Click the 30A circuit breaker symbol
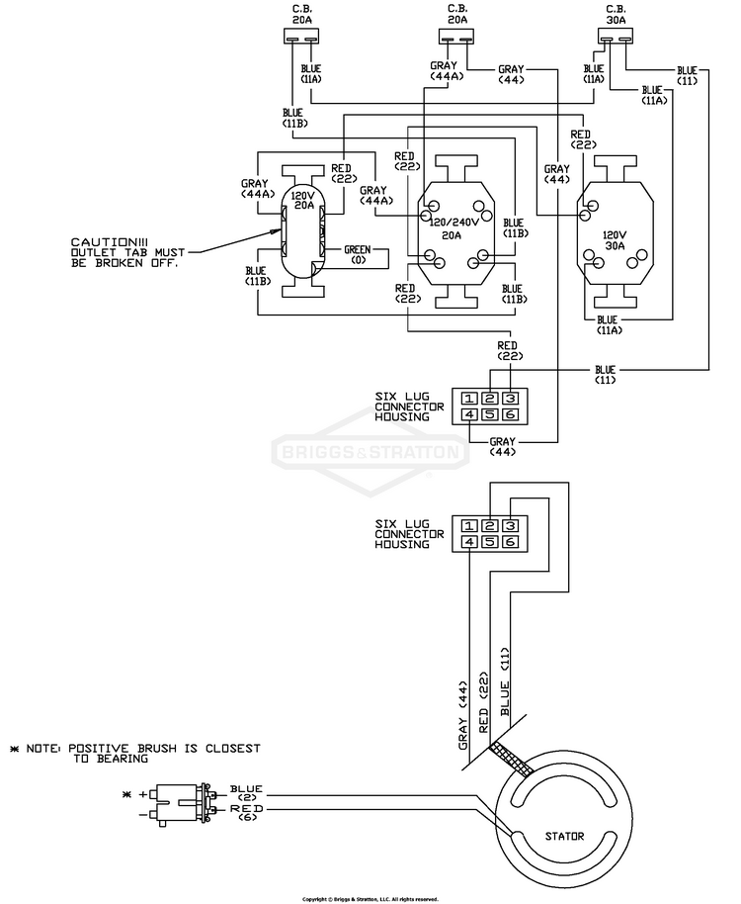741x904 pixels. (615, 37)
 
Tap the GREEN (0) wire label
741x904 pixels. (357, 255)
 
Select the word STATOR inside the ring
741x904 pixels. (564, 836)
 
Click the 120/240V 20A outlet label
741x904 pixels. (452, 228)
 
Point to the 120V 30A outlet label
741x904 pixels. (615, 240)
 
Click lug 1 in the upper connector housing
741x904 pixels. (469, 399)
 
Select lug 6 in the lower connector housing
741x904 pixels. (511, 542)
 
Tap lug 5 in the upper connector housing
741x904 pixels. (490, 414)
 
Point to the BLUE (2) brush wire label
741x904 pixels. (246, 792)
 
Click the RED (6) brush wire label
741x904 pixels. (246, 812)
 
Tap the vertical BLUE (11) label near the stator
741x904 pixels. (505, 681)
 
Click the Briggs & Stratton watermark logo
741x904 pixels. (370, 451)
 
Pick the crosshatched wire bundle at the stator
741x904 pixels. (511, 760)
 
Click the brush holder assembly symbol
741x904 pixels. (182, 803)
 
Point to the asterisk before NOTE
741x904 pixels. (15, 749)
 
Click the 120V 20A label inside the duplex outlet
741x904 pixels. (303, 200)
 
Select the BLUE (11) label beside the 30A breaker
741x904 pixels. (687, 75)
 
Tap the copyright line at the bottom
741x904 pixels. (370, 899)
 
